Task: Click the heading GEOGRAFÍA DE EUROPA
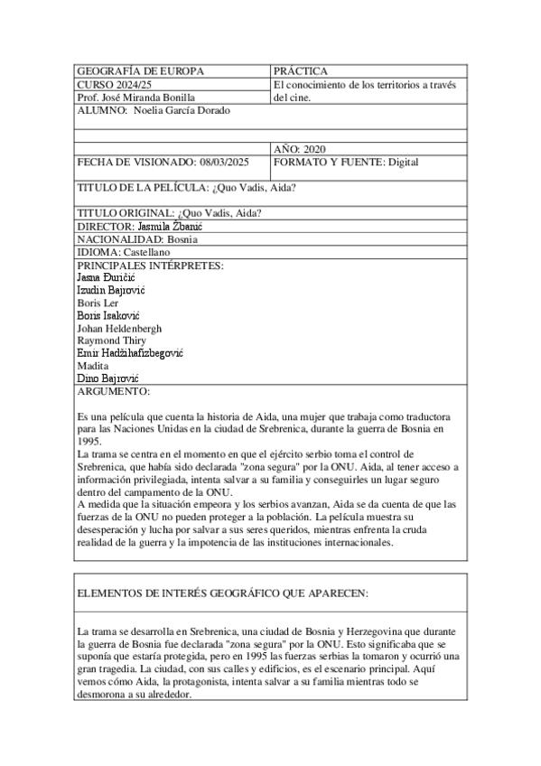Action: tap(141, 71)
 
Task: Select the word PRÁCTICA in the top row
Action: tap(301, 71)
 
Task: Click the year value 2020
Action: tap(314, 148)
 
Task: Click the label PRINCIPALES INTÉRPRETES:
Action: tap(150, 266)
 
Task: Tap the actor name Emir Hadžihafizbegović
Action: tap(131, 353)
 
